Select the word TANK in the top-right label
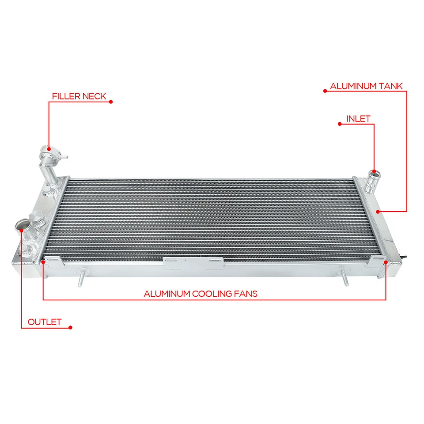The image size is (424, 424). [x=390, y=86]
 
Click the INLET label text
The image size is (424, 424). [x=358, y=118]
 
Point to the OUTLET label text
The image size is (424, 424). [x=45, y=322]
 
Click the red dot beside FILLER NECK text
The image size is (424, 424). [x=111, y=102]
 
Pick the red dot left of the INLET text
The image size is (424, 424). [x=339, y=124]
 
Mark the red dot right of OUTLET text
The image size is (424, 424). [x=71, y=328]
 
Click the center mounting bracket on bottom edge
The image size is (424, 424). [x=193, y=263]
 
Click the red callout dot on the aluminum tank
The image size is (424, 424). [x=378, y=212]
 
